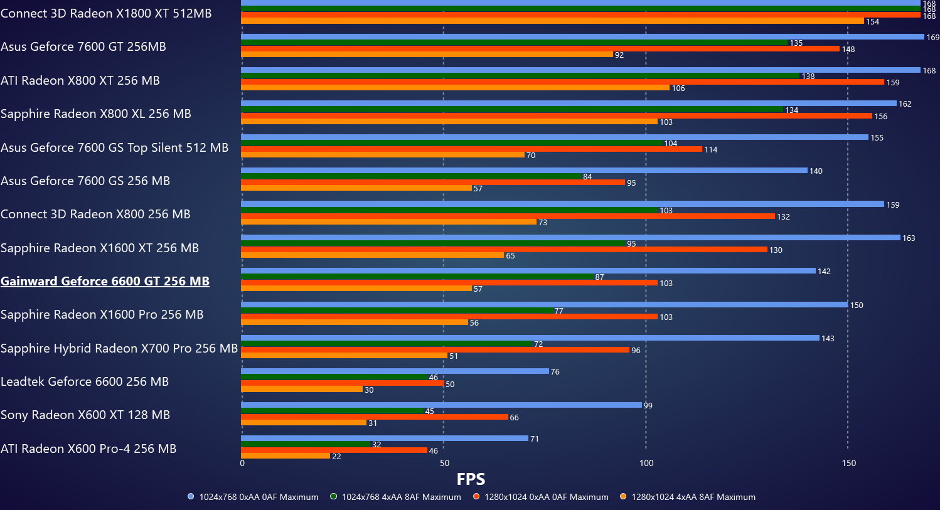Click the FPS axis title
click(x=471, y=479)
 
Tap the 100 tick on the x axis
click(x=646, y=463)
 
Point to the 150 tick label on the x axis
click(x=848, y=463)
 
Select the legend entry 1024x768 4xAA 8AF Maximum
click(x=401, y=497)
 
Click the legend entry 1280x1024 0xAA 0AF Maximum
click(x=546, y=497)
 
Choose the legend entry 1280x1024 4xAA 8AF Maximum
click(x=693, y=497)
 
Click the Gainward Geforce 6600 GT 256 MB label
click(x=105, y=281)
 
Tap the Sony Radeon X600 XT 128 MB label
click(x=85, y=415)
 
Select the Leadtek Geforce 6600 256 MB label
click(x=85, y=381)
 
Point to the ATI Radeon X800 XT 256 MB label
click(x=80, y=80)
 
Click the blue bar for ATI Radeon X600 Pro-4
click(x=385, y=438)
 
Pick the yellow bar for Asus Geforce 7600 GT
click(x=427, y=55)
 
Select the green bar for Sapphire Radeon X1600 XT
click(x=433, y=243)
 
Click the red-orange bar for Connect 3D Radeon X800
click(x=508, y=216)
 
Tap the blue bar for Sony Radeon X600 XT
click(x=441, y=405)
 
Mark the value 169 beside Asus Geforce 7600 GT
click(x=933, y=38)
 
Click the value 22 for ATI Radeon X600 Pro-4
click(x=337, y=457)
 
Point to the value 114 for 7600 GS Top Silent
click(x=710, y=150)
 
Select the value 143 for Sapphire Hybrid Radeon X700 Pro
click(x=828, y=339)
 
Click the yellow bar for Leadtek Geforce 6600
click(x=302, y=390)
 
